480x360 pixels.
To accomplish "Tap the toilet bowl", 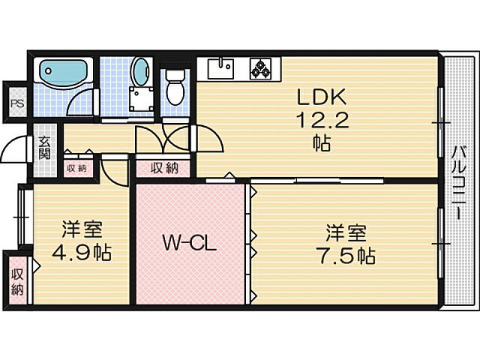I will [175, 90].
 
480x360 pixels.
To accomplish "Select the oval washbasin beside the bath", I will [139, 71].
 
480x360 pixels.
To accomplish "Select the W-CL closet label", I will [190, 243].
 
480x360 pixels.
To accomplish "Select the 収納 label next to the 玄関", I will [75, 167].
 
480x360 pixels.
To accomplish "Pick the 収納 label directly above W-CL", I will [163, 168].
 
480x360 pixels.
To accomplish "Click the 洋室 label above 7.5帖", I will [341, 230].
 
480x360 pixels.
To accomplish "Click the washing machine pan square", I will [141, 100].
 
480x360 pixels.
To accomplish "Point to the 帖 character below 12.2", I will [322, 144].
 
